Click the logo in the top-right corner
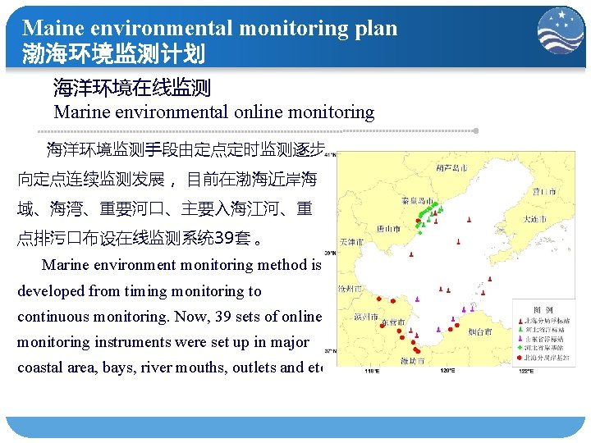coord(561,30)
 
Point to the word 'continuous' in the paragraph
coord(55,317)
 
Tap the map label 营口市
coord(543,191)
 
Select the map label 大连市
coord(538,219)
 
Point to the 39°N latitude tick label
coord(331,253)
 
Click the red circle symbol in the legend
coord(519,358)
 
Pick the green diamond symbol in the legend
coord(519,348)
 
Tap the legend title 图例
coord(543,309)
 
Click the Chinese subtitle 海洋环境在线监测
coord(132,87)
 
